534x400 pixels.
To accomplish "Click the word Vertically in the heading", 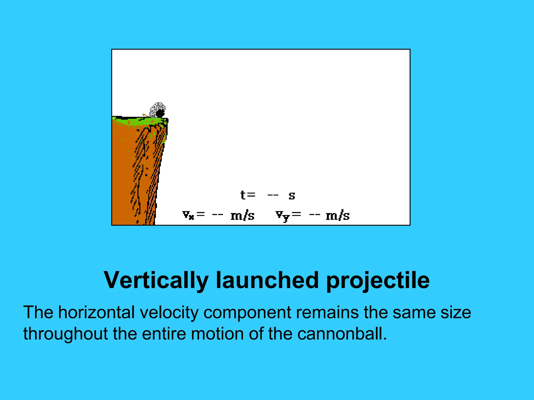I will pyautogui.click(x=156, y=280).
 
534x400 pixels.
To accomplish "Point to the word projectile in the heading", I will pyautogui.click(x=378, y=280).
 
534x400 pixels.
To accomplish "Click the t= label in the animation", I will pyautogui.click(x=248, y=195).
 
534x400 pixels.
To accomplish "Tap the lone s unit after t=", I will pyautogui.click(x=292, y=196).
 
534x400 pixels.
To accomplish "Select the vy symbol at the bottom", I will pyautogui.click(x=283, y=216).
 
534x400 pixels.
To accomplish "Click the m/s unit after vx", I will pyautogui.click(x=242, y=216).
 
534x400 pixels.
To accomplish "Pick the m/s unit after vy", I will pyautogui.click(x=338, y=216).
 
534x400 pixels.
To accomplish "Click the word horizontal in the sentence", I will pyautogui.click(x=96, y=312).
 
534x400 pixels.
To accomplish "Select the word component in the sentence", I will pyautogui.click(x=247, y=312).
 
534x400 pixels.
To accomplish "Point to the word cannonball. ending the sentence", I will pyautogui.click(x=342, y=334).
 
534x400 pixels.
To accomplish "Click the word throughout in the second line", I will pyautogui.click(x=65, y=334).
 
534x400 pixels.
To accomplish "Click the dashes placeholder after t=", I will pyautogui.click(x=273, y=195).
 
